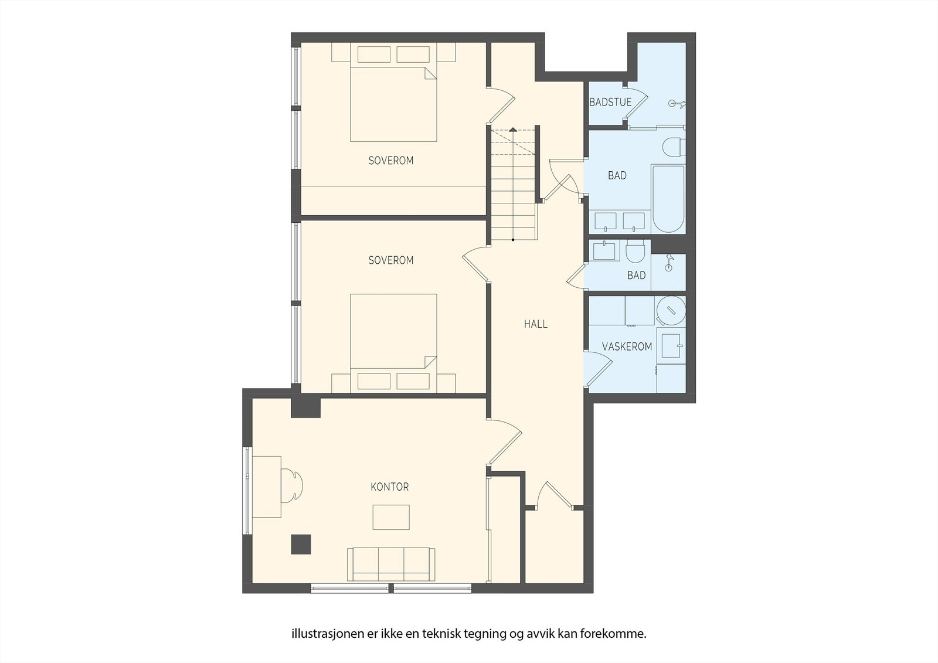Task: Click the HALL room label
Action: tap(536, 324)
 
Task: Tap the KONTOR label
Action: tap(389, 487)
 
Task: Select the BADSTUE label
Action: tap(610, 102)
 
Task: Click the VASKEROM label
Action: tap(627, 346)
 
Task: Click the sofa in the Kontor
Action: tap(391, 564)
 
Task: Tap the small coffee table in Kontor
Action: tap(391, 517)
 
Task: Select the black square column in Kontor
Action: tap(301, 545)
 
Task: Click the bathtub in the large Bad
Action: tap(668, 199)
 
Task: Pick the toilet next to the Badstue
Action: tap(674, 146)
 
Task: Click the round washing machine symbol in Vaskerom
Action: tap(671, 311)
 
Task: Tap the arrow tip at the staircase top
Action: tap(513, 130)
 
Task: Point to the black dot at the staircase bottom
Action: tap(513, 240)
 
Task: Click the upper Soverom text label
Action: tap(390, 161)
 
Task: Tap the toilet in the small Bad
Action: tap(635, 251)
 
